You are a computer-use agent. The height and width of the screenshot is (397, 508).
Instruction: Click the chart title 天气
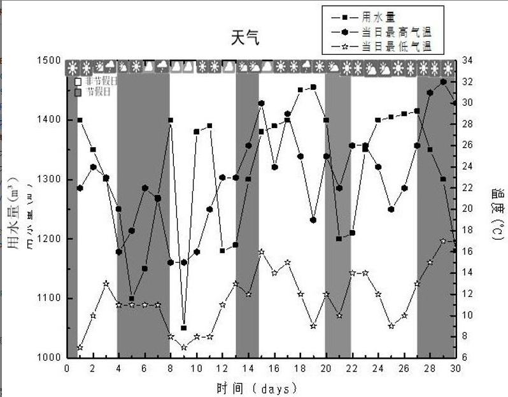pos(246,38)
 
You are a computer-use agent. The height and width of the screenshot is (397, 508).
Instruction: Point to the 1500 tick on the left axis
pos(48,61)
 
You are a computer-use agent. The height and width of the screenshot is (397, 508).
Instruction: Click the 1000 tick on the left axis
pos(48,357)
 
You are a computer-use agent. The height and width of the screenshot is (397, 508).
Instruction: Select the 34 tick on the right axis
pos(466,61)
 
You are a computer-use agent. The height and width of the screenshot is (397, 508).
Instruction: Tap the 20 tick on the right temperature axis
pos(466,209)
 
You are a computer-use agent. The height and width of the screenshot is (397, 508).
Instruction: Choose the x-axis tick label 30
pos(455,369)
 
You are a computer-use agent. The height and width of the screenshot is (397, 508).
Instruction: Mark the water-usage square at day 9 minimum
pos(183,328)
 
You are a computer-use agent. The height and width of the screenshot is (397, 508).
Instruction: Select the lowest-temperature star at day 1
pos(80,347)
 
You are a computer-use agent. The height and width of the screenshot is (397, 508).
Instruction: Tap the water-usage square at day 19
pos(313,87)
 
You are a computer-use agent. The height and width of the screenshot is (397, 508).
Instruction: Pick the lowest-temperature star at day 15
pos(261,252)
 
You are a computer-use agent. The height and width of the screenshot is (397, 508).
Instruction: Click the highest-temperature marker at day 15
pos(261,103)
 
